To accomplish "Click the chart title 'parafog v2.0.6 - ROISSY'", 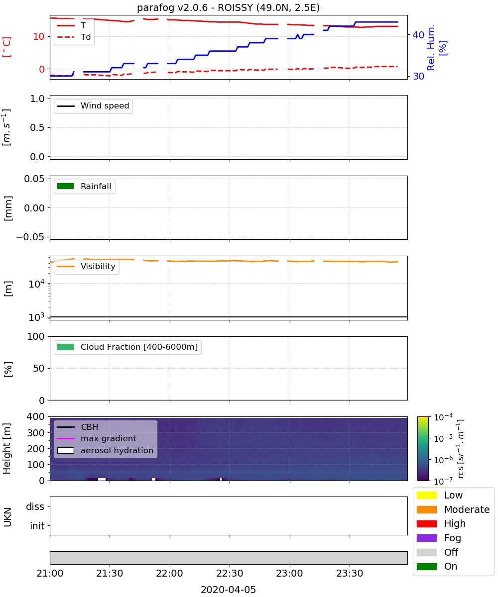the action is coord(196,7).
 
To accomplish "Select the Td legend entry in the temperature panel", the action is coord(74,37).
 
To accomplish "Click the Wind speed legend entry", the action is coord(93,106).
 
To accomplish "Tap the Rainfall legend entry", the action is coord(84,186).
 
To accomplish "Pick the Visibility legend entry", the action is coord(86,266).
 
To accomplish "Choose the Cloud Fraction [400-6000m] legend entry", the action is coord(127,347).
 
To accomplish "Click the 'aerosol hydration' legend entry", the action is coord(105,450).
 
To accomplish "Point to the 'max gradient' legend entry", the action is coord(97,438).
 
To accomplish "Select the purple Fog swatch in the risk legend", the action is coord(426,538).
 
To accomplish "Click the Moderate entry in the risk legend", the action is coord(453,509).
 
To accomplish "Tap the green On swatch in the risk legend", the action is coord(426,567).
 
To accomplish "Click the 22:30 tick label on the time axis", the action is coord(230,573).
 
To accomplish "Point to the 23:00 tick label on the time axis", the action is coord(289,573).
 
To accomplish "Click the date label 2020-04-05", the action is coord(228,590).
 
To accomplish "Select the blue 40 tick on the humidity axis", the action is coord(418,35).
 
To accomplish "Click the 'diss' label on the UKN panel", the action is coord(35,506).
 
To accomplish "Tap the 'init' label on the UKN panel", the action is coord(37,526).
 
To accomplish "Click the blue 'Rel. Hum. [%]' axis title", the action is coord(436,47).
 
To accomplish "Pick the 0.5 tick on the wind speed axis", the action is coord(37,127).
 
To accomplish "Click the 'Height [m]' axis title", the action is coord(6,448).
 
